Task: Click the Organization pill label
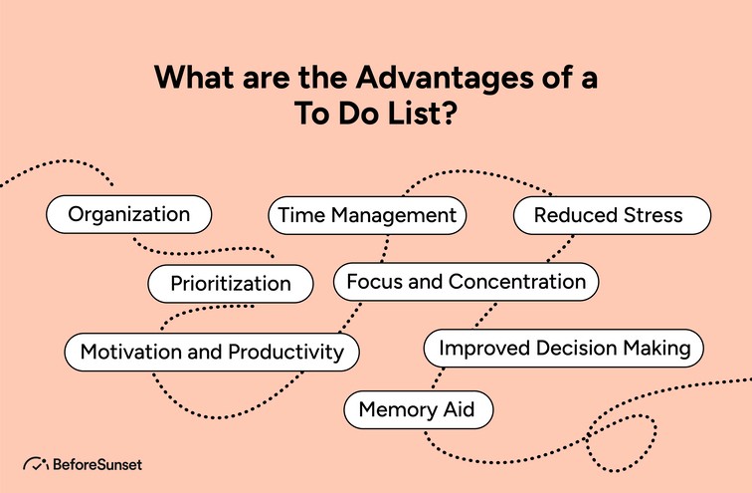click(128, 214)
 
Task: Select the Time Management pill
click(367, 215)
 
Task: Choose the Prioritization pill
click(230, 284)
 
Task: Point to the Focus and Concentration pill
click(466, 282)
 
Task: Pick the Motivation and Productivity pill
click(212, 352)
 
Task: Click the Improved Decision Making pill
click(564, 349)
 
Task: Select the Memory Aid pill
click(418, 409)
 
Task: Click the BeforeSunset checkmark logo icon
click(36, 464)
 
